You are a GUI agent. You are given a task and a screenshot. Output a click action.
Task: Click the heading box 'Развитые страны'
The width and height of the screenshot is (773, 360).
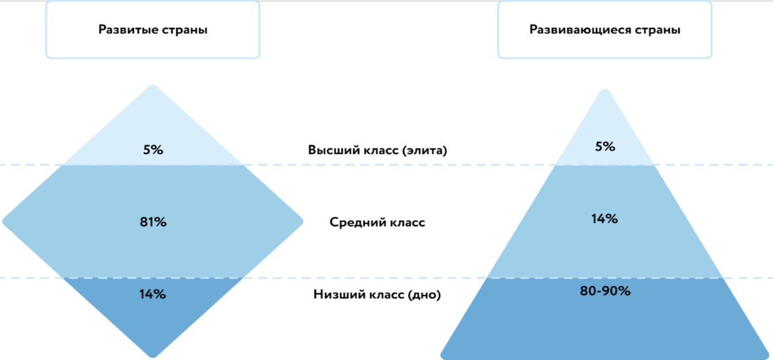tap(153, 30)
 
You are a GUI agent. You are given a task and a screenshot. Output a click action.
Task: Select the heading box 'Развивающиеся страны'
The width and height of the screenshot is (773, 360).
tap(605, 30)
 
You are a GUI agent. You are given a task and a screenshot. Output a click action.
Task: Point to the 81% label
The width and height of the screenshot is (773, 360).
tap(153, 222)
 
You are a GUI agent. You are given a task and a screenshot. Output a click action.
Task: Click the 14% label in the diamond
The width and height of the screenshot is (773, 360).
tap(153, 294)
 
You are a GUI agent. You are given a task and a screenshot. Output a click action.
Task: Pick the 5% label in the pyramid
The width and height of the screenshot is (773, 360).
tap(605, 146)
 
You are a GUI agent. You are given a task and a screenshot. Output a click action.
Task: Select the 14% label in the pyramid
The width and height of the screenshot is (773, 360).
tap(605, 219)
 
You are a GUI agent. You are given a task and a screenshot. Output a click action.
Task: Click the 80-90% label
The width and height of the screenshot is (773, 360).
tap(605, 292)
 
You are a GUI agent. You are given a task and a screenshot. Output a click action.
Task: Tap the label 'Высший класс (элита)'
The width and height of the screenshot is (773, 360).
tap(378, 151)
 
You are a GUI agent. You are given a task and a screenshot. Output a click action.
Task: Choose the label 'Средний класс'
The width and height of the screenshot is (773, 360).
tap(378, 222)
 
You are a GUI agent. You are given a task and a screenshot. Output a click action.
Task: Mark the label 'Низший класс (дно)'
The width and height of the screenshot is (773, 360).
tap(378, 294)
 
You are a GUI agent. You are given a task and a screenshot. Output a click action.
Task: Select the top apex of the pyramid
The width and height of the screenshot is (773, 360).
tap(604, 91)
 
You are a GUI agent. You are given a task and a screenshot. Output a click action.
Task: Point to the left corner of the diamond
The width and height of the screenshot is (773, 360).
tap(5, 222)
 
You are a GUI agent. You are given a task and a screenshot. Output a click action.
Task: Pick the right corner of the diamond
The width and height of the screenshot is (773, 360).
tap(301, 222)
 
